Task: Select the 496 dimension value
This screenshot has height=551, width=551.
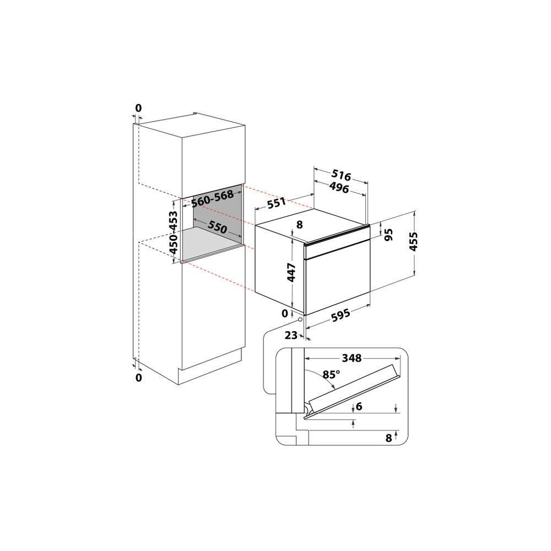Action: (339, 189)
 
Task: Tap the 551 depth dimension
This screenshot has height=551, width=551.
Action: (276, 204)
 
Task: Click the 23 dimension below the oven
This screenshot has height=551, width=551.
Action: (291, 334)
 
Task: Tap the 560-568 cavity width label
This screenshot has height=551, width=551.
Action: (212, 198)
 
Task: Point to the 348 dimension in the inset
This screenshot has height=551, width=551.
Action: (351, 358)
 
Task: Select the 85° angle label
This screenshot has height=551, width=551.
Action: (331, 375)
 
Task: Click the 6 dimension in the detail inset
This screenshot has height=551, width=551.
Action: (359, 407)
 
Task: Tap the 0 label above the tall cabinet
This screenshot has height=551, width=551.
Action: (138, 108)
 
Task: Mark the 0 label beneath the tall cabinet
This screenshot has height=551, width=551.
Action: (138, 377)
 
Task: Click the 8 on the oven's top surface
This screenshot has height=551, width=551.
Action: (300, 225)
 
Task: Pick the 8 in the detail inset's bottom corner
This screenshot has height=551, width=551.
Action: (389, 439)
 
